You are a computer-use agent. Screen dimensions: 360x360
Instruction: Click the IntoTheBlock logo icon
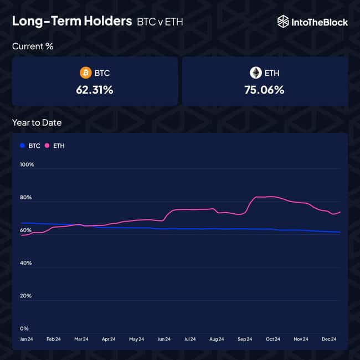(x=283, y=22)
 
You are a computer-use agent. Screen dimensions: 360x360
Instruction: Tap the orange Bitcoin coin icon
(x=85, y=73)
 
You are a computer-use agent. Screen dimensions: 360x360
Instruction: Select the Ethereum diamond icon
(x=255, y=73)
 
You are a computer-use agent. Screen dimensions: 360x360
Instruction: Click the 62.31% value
(x=95, y=90)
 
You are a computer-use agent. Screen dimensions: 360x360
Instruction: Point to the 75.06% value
(x=264, y=90)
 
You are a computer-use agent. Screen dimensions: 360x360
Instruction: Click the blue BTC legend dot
(x=22, y=146)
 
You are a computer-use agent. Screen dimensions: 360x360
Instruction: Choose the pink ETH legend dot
(x=47, y=146)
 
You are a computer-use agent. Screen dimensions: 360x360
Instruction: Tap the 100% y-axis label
(x=27, y=164)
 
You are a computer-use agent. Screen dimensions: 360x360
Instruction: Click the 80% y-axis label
(x=27, y=198)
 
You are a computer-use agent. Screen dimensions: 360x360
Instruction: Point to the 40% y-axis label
(x=27, y=263)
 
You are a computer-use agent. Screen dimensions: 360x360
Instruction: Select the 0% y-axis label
(x=24, y=328)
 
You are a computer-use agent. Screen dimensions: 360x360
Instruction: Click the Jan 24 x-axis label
(x=27, y=339)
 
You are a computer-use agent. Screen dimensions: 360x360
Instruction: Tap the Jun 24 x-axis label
(x=164, y=339)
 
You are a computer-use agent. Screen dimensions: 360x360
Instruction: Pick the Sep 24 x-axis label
(x=245, y=339)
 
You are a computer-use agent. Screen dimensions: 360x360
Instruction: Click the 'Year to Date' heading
(x=37, y=123)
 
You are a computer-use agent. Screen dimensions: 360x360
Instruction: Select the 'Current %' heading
(x=33, y=47)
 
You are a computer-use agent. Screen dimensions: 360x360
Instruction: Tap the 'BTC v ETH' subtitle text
(x=160, y=22)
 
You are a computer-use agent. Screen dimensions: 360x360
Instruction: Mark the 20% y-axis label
(x=27, y=296)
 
